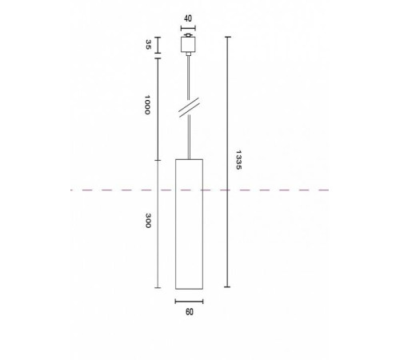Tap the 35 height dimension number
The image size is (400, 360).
[148, 45]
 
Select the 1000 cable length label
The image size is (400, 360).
[148, 106]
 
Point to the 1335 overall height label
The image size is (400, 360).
[238, 162]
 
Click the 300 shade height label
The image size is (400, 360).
[148, 222]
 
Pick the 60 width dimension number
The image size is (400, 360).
[189, 312]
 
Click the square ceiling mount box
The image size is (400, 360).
[189, 46]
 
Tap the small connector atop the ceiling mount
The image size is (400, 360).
[189, 35]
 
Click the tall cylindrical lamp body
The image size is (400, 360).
[189, 224]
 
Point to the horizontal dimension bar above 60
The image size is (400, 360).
[189, 301]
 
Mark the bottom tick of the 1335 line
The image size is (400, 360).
[227, 287]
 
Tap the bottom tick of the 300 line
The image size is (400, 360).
[158, 287]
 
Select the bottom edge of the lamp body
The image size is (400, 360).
[189, 287]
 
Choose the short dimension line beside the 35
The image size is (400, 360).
[158, 46]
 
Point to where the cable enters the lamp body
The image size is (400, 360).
[189, 159]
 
